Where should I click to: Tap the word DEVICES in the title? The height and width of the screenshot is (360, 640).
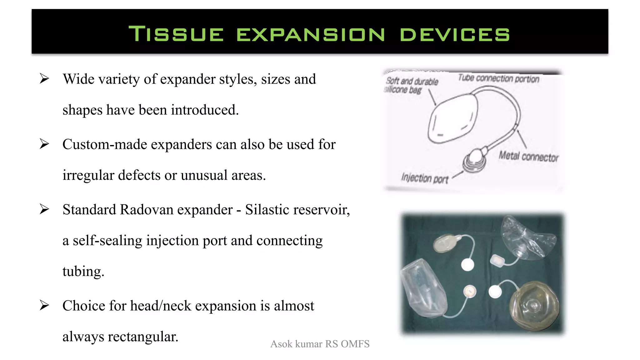(455, 34)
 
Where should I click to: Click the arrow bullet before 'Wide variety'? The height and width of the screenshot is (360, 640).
(44, 79)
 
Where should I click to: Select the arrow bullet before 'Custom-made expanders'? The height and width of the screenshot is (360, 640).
(44, 144)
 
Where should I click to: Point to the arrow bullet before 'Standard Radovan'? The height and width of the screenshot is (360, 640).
(44, 209)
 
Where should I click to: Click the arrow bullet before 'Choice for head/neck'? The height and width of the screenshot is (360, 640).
(44, 305)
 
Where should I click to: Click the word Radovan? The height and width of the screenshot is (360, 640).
(146, 209)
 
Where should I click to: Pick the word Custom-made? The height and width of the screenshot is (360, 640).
(105, 144)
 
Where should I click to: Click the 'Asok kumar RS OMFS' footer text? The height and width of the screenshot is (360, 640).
(320, 344)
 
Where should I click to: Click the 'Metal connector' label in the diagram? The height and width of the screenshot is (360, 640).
(528, 157)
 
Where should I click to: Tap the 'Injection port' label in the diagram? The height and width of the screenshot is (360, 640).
(425, 178)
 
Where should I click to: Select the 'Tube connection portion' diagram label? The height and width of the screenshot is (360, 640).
(498, 78)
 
